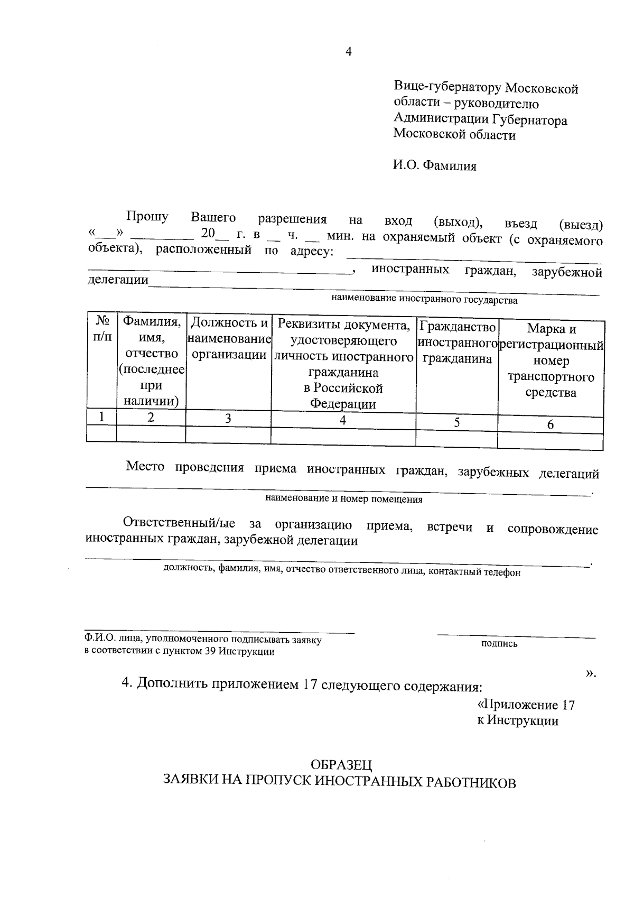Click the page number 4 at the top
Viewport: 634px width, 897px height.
[348, 52]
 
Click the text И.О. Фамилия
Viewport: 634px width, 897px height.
[434, 166]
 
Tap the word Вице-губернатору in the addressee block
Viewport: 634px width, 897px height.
[447, 88]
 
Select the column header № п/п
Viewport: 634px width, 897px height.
[102, 328]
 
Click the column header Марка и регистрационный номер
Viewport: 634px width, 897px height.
[551, 360]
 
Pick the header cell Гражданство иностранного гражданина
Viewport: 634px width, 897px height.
[457, 343]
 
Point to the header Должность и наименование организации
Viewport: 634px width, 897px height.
[229, 339]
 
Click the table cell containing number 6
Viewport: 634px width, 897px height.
[551, 424]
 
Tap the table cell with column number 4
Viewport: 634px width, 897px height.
[343, 421]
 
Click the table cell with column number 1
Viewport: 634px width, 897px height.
[101, 417]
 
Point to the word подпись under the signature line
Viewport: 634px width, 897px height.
[499, 644]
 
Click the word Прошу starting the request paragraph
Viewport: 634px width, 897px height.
[147, 217]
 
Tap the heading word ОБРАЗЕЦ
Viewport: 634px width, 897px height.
[341, 765]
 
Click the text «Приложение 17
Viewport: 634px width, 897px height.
[526, 705]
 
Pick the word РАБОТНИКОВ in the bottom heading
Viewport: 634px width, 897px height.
[470, 783]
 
